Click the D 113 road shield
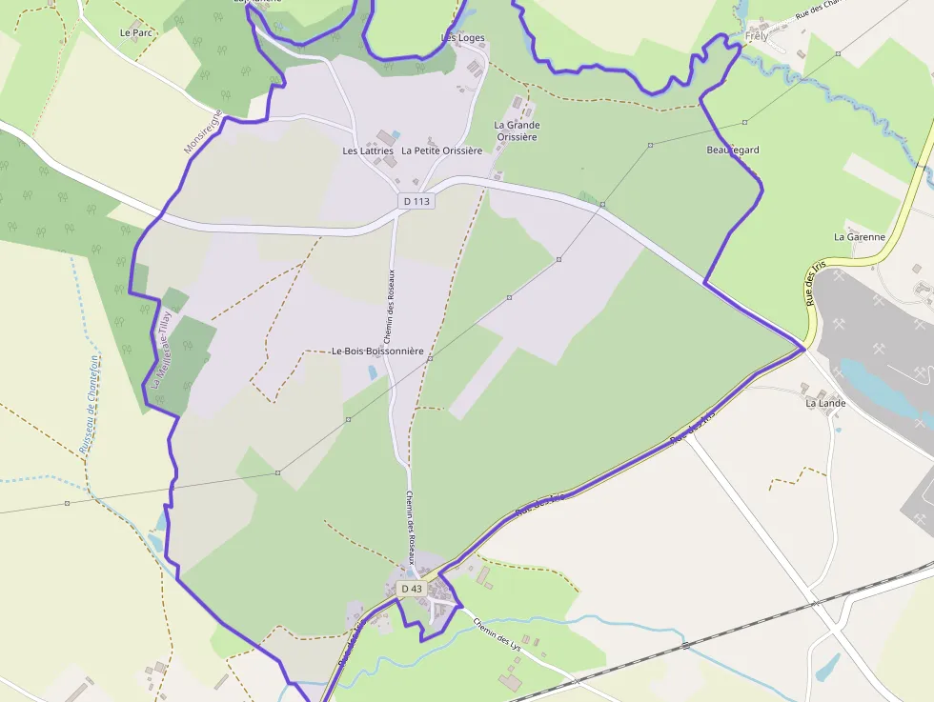(416, 201)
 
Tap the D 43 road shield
(412, 589)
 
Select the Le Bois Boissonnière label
(377, 351)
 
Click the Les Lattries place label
(368, 150)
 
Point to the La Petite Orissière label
(441, 150)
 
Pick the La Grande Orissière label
(517, 130)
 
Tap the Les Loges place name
(463, 38)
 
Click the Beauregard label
(733, 150)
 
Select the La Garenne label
(860, 236)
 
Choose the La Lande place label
(825, 403)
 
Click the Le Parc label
(136, 32)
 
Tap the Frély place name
(757, 36)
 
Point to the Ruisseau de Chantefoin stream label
(89, 404)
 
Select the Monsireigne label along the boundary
(203, 132)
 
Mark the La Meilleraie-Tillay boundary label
(160, 347)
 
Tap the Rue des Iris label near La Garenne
(811, 287)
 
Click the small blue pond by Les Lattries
(396, 135)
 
